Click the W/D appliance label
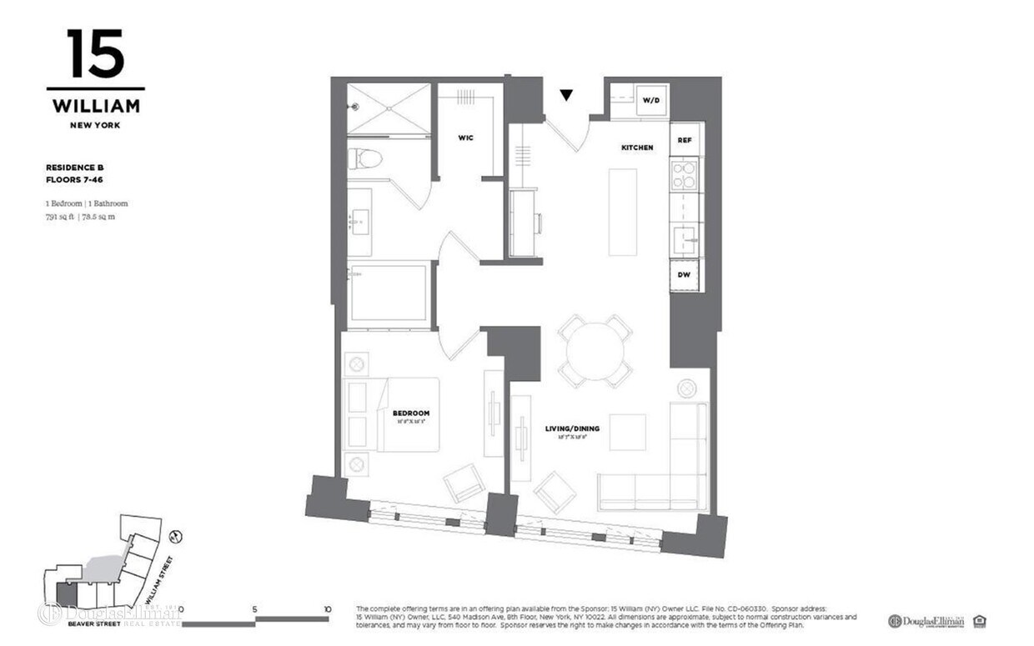tap(650, 101)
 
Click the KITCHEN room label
tap(636, 148)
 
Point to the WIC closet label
tap(465, 138)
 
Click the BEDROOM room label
tap(411, 413)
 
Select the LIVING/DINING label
tap(572, 428)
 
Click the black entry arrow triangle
tap(567, 95)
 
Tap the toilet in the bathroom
tap(365, 158)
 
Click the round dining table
tap(595, 351)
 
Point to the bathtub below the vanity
tap(389, 292)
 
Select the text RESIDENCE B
tap(74, 168)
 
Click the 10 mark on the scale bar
tap(327, 609)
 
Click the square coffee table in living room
tap(627, 432)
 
